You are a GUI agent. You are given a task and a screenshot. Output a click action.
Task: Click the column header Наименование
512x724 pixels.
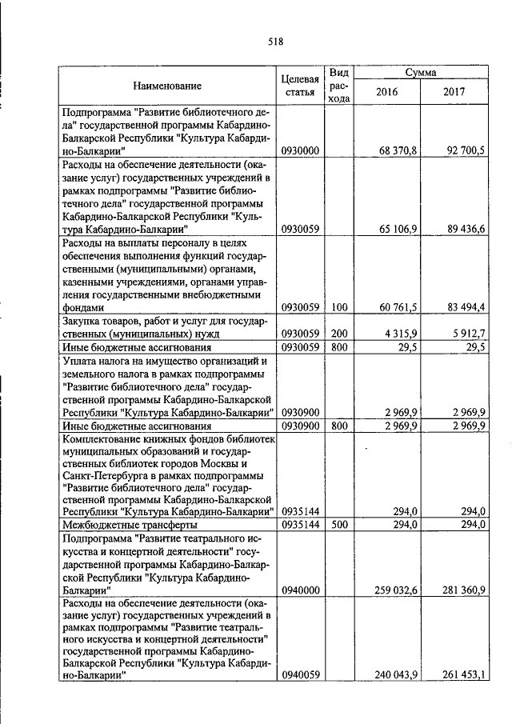(x=167, y=86)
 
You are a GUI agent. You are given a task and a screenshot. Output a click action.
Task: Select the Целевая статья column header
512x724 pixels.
(x=301, y=86)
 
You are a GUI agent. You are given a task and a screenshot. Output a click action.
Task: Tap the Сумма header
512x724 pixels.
(x=420, y=72)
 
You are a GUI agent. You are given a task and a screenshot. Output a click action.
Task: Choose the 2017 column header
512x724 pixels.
(x=454, y=92)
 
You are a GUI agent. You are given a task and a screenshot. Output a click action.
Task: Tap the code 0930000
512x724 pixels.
(x=301, y=150)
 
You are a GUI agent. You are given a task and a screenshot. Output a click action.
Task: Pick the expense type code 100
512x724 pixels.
(x=339, y=307)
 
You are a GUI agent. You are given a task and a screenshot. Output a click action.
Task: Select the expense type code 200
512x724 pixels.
(x=339, y=334)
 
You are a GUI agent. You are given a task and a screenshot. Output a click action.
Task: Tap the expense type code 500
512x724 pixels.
(x=339, y=525)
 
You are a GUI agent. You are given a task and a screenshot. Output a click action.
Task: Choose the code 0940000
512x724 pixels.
(x=301, y=590)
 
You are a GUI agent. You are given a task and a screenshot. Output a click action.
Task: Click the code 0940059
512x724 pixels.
(x=301, y=675)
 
